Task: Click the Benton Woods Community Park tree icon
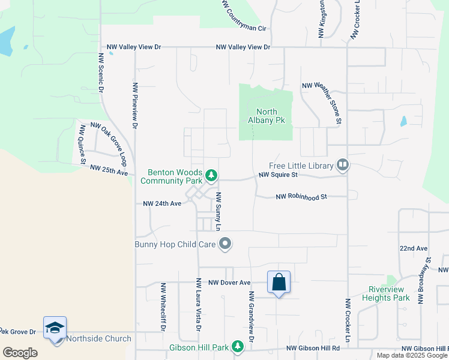coord(211,175)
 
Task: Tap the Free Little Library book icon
coord(343,164)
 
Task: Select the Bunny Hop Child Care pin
coord(225,243)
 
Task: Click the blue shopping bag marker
coord(279,282)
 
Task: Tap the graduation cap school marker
coord(55,328)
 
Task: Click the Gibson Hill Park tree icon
coord(238,346)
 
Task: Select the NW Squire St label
coord(278,175)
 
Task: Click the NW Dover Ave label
coord(229,282)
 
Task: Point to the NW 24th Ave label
coord(162,203)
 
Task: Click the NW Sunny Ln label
coord(219,211)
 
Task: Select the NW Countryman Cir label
coord(243,17)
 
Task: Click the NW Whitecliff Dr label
coord(163,307)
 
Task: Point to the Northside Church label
coord(98,338)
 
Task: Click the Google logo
coord(20,353)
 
